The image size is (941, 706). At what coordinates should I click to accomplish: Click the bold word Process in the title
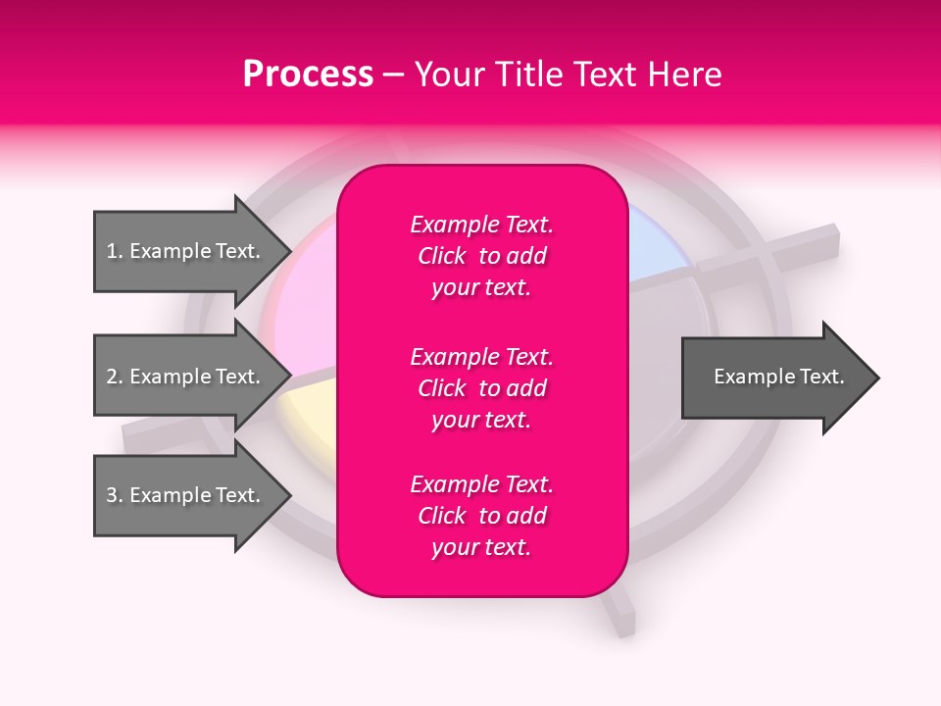pyautogui.click(x=308, y=75)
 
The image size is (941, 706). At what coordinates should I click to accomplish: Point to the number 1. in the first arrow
pyautogui.click(x=115, y=251)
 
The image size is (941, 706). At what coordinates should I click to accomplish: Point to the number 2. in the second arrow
pyautogui.click(x=115, y=377)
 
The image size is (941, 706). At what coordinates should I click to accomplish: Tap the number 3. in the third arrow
pyautogui.click(x=115, y=495)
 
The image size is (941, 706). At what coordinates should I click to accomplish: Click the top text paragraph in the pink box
pyautogui.click(x=481, y=256)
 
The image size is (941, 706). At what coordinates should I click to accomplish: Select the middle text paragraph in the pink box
pyautogui.click(x=481, y=388)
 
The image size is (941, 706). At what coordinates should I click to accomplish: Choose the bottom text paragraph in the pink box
pyautogui.click(x=481, y=516)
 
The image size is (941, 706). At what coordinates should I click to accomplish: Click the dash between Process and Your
pyautogui.click(x=394, y=76)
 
